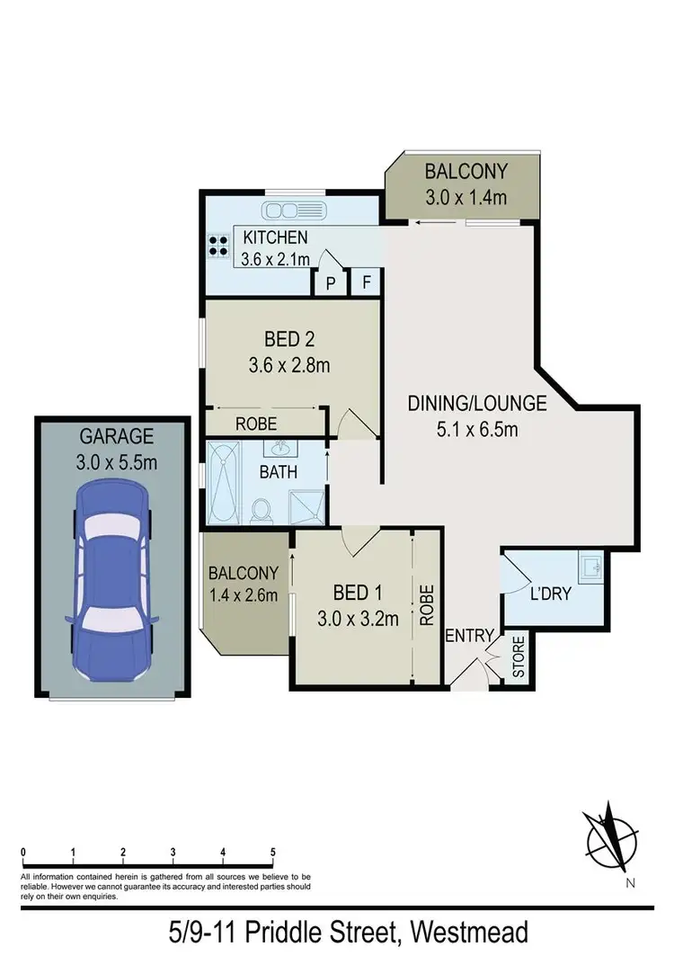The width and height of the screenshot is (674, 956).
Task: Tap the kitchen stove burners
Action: click(218, 246)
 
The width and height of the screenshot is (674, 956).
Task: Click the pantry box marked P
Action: click(330, 281)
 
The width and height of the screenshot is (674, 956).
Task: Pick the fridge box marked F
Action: click(366, 281)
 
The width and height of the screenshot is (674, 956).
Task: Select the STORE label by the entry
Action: click(518, 658)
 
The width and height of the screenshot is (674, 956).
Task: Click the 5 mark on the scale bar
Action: click(272, 851)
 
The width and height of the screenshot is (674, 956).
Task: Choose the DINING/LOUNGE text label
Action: click(463, 405)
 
